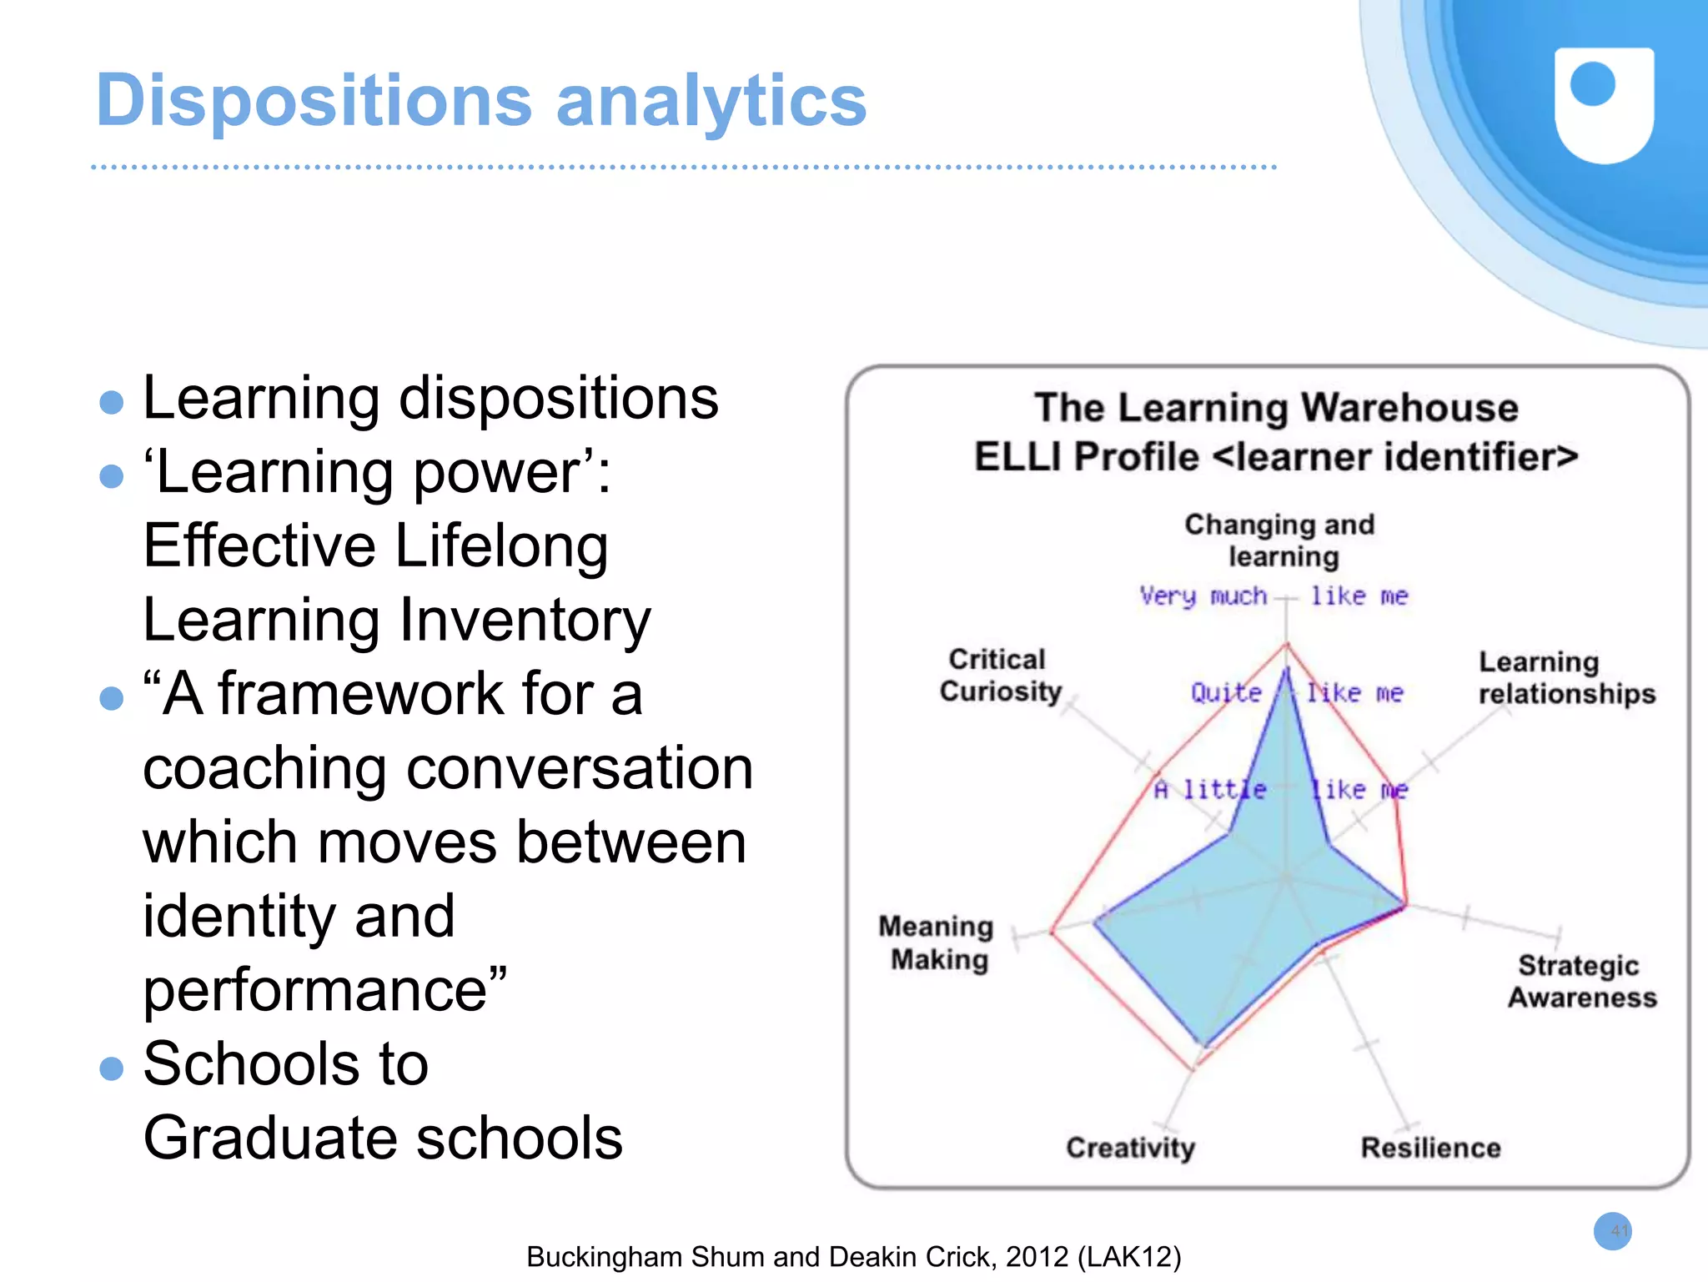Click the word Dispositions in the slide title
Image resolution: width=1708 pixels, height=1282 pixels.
314,102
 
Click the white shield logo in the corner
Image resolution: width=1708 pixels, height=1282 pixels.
1603,104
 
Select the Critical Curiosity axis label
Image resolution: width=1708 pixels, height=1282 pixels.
999,676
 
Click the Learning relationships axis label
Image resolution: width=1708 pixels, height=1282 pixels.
1565,678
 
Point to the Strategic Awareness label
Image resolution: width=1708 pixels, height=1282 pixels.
1581,982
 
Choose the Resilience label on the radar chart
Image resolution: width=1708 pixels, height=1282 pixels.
1430,1148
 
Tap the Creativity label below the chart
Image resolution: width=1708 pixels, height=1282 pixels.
1130,1148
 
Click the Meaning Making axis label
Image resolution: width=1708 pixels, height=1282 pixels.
937,943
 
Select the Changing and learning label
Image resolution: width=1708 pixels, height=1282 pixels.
1280,540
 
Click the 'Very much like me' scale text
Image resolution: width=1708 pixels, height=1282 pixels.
1273,596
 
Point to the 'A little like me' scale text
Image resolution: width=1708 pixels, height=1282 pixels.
1280,789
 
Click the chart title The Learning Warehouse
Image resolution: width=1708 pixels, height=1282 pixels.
1276,409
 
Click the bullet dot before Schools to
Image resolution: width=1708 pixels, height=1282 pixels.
111,1068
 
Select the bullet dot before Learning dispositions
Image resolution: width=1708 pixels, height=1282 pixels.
111,403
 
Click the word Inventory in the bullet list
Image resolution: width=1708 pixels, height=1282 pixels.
525,621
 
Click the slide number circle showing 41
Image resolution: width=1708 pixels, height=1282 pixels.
1612,1231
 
